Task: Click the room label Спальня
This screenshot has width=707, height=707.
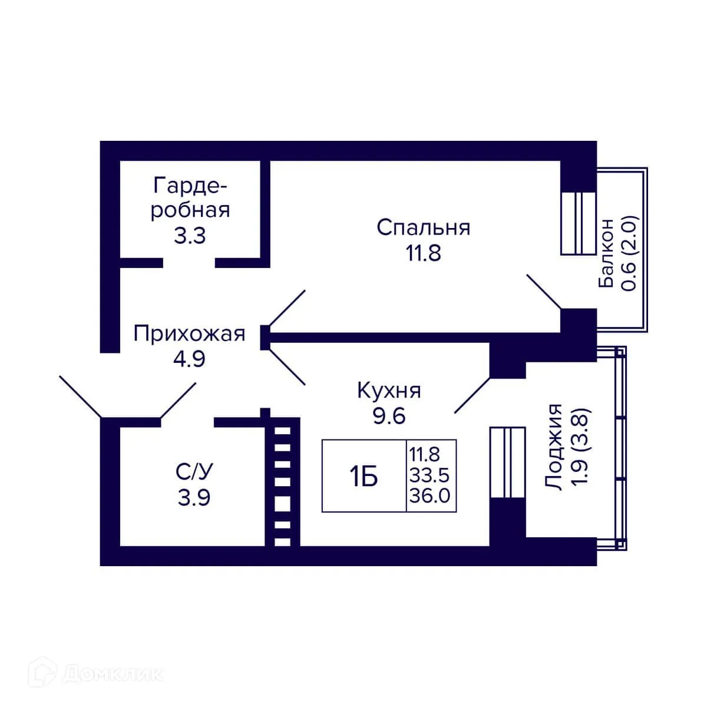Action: click(424, 228)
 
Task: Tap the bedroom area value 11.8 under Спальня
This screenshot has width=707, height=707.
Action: click(423, 253)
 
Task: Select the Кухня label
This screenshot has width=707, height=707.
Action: click(389, 391)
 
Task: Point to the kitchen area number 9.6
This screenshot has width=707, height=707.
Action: click(389, 416)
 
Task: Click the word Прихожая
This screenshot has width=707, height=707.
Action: click(189, 334)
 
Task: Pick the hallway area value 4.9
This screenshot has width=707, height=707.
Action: click(189, 359)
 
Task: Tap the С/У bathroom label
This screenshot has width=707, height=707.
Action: click(194, 472)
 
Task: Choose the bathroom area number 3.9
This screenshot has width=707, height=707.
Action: click(194, 498)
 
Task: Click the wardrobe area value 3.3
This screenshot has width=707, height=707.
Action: click(190, 236)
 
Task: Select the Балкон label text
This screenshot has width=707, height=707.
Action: click(606, 253)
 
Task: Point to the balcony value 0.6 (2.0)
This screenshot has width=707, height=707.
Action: click(630, 253)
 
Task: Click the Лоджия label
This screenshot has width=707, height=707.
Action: click(554, 448)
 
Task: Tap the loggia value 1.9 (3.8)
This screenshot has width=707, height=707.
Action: click(580, 448)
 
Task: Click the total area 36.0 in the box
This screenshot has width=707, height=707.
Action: click(430, 497)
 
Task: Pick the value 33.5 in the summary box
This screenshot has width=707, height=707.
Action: click(430, 476)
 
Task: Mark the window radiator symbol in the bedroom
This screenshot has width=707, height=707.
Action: click(578, 223)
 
